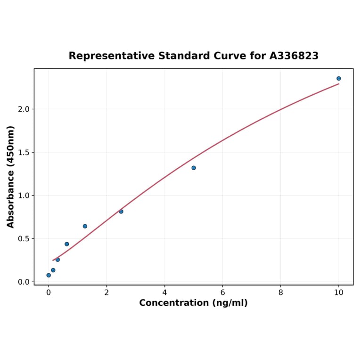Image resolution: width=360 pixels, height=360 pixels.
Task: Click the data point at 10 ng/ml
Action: point(338,79)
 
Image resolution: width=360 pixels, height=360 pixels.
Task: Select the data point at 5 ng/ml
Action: point(194,168)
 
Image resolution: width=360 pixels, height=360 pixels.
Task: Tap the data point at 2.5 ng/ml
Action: point(121,212)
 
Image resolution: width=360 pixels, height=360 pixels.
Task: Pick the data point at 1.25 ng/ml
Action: point(85,226)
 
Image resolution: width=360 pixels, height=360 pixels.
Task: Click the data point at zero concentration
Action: point(49,275)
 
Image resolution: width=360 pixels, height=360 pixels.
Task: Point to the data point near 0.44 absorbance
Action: point(67,244)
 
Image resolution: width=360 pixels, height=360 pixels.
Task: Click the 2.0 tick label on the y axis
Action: point(24,109)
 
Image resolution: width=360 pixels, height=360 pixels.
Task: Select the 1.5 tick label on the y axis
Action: point(24,152)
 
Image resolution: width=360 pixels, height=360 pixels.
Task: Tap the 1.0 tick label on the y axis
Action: point(24,196)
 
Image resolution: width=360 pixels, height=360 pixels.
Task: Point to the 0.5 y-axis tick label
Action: point(24,239)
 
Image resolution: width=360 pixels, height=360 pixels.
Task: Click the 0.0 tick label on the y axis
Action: point(24,282)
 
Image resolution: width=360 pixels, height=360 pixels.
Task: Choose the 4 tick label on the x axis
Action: point(164,292)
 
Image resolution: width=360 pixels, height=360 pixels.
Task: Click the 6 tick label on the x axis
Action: point(222,292)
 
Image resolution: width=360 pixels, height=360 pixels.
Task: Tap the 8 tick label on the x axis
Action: point(281,292)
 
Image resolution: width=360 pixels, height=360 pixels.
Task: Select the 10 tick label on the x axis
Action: point(339,292)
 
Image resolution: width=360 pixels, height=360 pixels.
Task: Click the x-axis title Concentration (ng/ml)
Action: point(193,303)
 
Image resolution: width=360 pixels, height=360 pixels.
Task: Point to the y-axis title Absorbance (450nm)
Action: point(11,177)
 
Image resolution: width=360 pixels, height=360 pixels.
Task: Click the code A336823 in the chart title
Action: point(294,56)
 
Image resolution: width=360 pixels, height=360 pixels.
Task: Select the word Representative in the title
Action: point(111,56)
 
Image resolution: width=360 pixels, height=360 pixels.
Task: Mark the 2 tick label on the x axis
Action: point(106,292)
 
